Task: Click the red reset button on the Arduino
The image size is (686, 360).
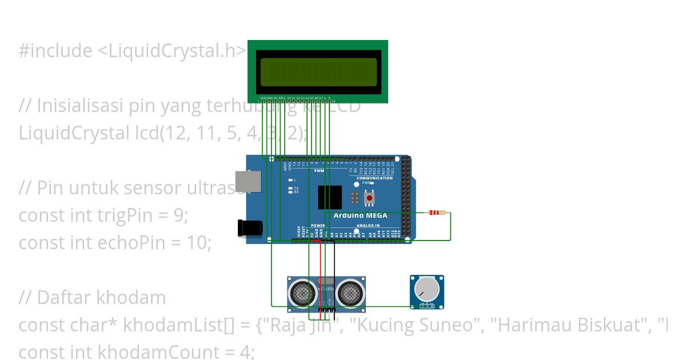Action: pos(369,198)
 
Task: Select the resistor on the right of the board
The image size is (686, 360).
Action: pos(437,213)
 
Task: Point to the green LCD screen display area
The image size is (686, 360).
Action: pos(318,72)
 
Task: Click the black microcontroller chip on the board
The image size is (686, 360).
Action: pos(329,197)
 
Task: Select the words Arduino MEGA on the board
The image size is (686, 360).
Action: pos(360,215)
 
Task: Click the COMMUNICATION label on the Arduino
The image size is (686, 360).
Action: pos(374,178)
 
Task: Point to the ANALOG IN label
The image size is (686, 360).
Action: pos(368,226)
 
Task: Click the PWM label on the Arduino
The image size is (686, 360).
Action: pos(319,171)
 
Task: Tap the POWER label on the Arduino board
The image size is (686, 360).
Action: pos(317,226)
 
